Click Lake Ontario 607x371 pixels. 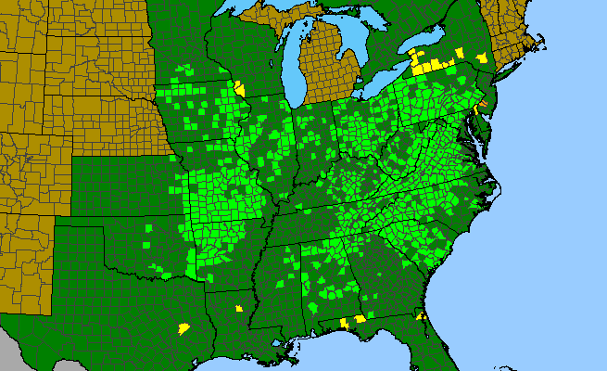coord(436,55)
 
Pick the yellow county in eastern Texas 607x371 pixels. coord(183,328)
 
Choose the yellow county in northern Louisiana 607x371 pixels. coord(238,307)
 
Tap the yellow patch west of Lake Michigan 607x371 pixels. coord(239,89)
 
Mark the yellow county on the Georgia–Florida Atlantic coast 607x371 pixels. coord(422,317)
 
